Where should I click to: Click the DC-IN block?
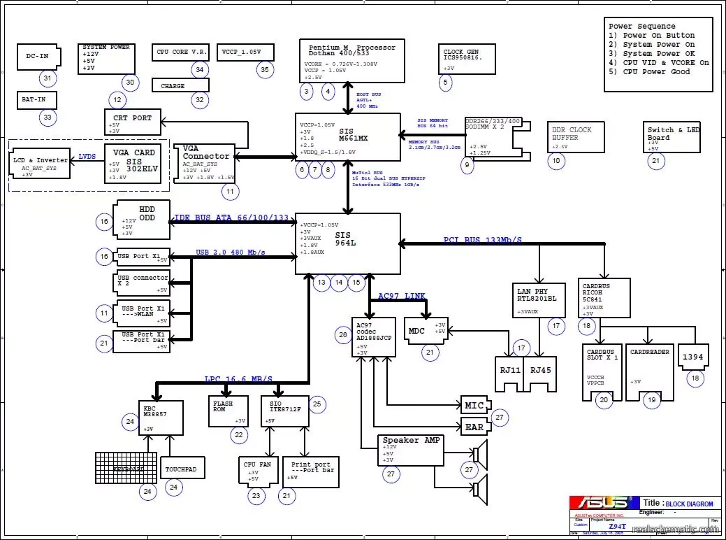point(38,57)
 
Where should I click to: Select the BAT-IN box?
point(37,100)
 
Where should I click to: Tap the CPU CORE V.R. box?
point(181,52)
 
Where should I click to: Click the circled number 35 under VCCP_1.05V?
point(264,69)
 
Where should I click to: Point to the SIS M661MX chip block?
point(348,137)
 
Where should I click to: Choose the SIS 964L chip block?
point(348,243)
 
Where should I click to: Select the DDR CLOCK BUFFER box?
point(575,136)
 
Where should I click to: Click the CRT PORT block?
point(133,121)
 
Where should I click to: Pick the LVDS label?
point(87,157)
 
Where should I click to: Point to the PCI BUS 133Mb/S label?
point(482,240)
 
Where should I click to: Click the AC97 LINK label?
point(401,297)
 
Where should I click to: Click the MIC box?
point(474,405)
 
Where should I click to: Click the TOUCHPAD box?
point(182,468)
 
